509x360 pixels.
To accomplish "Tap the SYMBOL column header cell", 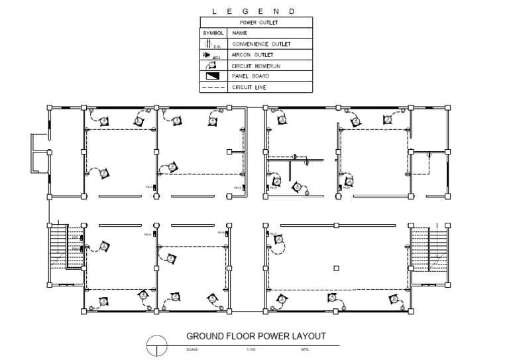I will (213, 32).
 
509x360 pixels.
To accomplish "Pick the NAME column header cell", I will (239, 32).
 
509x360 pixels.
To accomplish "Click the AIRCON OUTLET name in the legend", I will (253, 55).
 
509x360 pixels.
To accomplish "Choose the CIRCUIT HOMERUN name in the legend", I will (256, 66).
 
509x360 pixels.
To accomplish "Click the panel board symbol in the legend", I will (213, 76).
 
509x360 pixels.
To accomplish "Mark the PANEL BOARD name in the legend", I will (249, 76).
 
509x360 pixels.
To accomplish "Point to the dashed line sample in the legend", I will (213, 87).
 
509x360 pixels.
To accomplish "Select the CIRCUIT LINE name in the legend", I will (249, 87).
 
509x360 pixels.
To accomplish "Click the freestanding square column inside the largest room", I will (337, 268).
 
